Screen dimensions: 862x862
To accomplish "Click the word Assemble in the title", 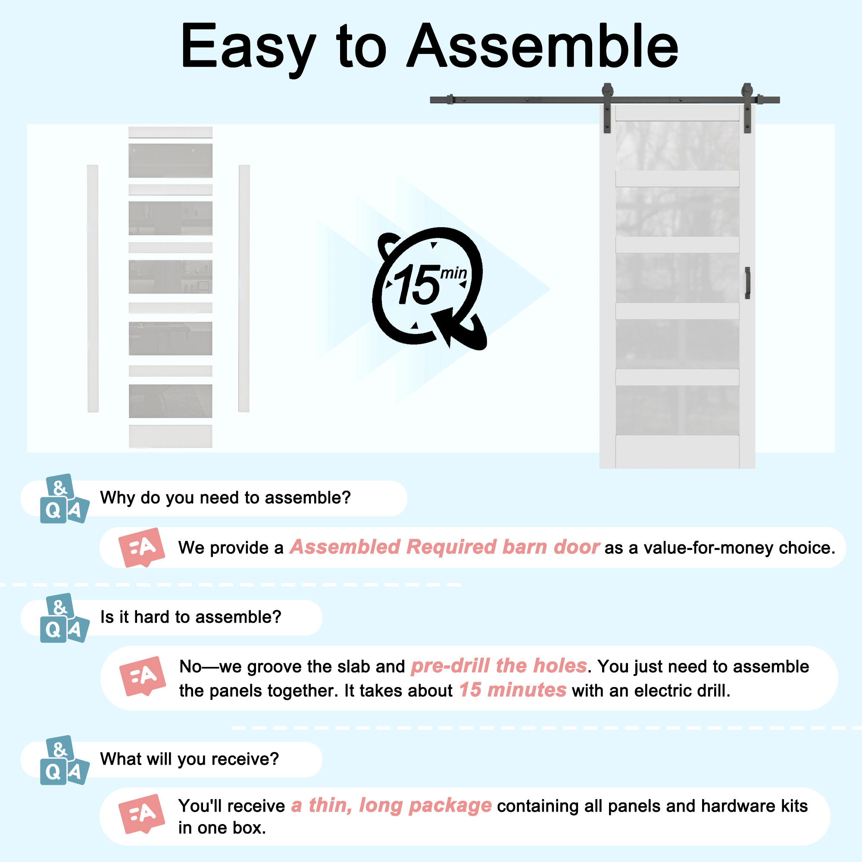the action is pos(543,46).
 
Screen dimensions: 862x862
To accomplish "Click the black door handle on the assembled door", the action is pos(747,282).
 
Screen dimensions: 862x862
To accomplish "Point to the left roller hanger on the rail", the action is pos(607,108).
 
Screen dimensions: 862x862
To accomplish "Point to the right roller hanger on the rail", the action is pos(747,108).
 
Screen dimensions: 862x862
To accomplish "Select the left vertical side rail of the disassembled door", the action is pos(93,288).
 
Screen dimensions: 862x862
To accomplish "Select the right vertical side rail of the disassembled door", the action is pos(244,288).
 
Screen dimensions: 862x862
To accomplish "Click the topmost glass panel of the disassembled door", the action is pos(170,161).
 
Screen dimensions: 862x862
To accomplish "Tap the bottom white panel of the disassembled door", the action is pos(170,436).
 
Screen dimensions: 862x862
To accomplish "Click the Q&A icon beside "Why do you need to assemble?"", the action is pos(64,498).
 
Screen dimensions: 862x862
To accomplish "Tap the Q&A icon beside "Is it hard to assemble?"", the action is pos(64,618).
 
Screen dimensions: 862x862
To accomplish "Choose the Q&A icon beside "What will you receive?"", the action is pos(64,760).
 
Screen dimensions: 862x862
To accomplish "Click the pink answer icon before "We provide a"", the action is pos(141,547).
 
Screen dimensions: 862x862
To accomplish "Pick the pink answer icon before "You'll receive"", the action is pos(141,814).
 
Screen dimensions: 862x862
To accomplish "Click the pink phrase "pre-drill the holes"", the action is pos(499,666).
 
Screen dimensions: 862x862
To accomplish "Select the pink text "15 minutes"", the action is pos(512,690).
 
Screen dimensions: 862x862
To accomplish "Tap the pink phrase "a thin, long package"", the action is pos(391,806).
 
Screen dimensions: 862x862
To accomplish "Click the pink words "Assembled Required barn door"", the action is pos(444,547).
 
